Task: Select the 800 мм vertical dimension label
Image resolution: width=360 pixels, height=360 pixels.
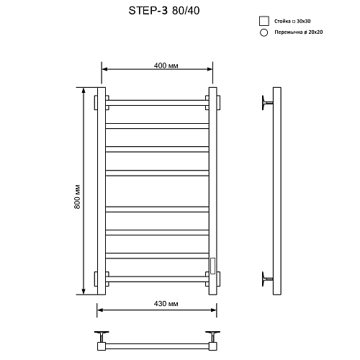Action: click(x=77, y=193)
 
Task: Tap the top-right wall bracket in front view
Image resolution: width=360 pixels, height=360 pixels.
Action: click(x=213, y=102)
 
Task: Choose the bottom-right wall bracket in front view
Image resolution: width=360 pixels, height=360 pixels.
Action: click(x=213, y=277)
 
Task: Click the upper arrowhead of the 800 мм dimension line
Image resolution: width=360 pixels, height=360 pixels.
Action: click(x=84, y=91)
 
